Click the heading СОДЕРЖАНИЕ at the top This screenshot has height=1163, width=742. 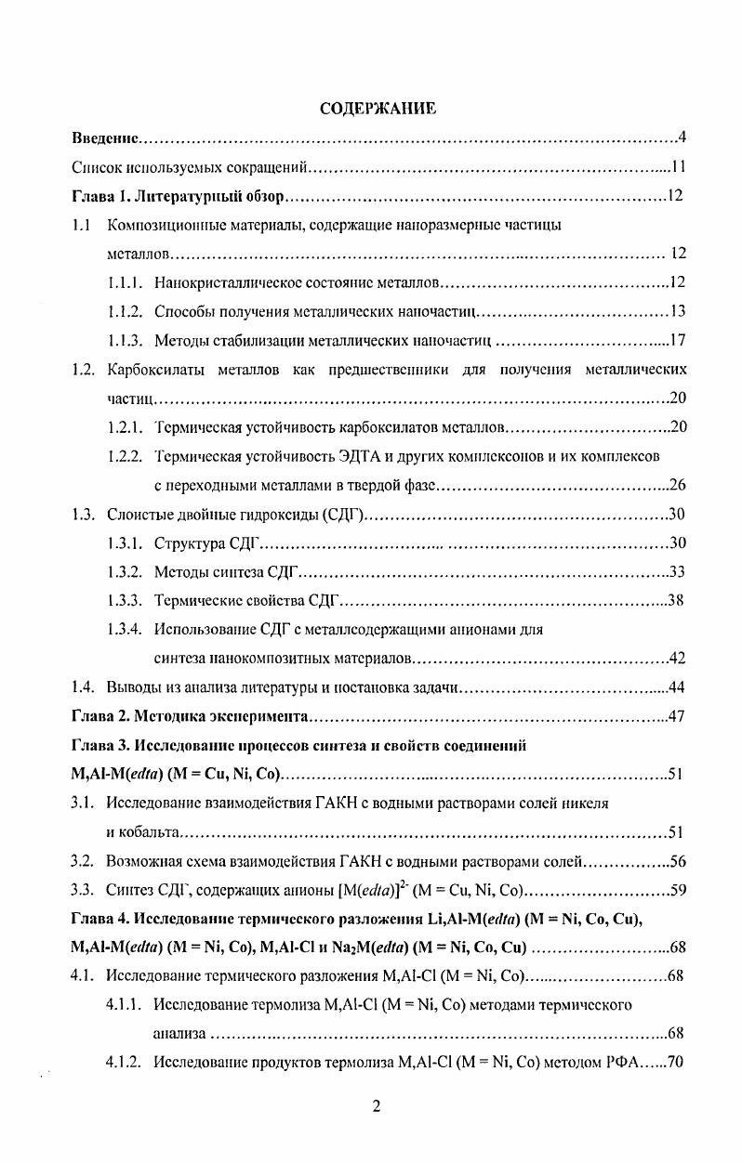pos(378,110)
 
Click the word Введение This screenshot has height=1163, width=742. pos(106,139)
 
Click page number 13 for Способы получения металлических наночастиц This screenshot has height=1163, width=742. pos(677,311)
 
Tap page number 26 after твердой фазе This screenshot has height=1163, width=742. pos(677,485)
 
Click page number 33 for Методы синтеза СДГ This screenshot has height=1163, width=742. pos(677,571)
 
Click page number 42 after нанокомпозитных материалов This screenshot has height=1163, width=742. pos(677,659)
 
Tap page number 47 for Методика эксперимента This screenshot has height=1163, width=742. pos(677,716)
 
